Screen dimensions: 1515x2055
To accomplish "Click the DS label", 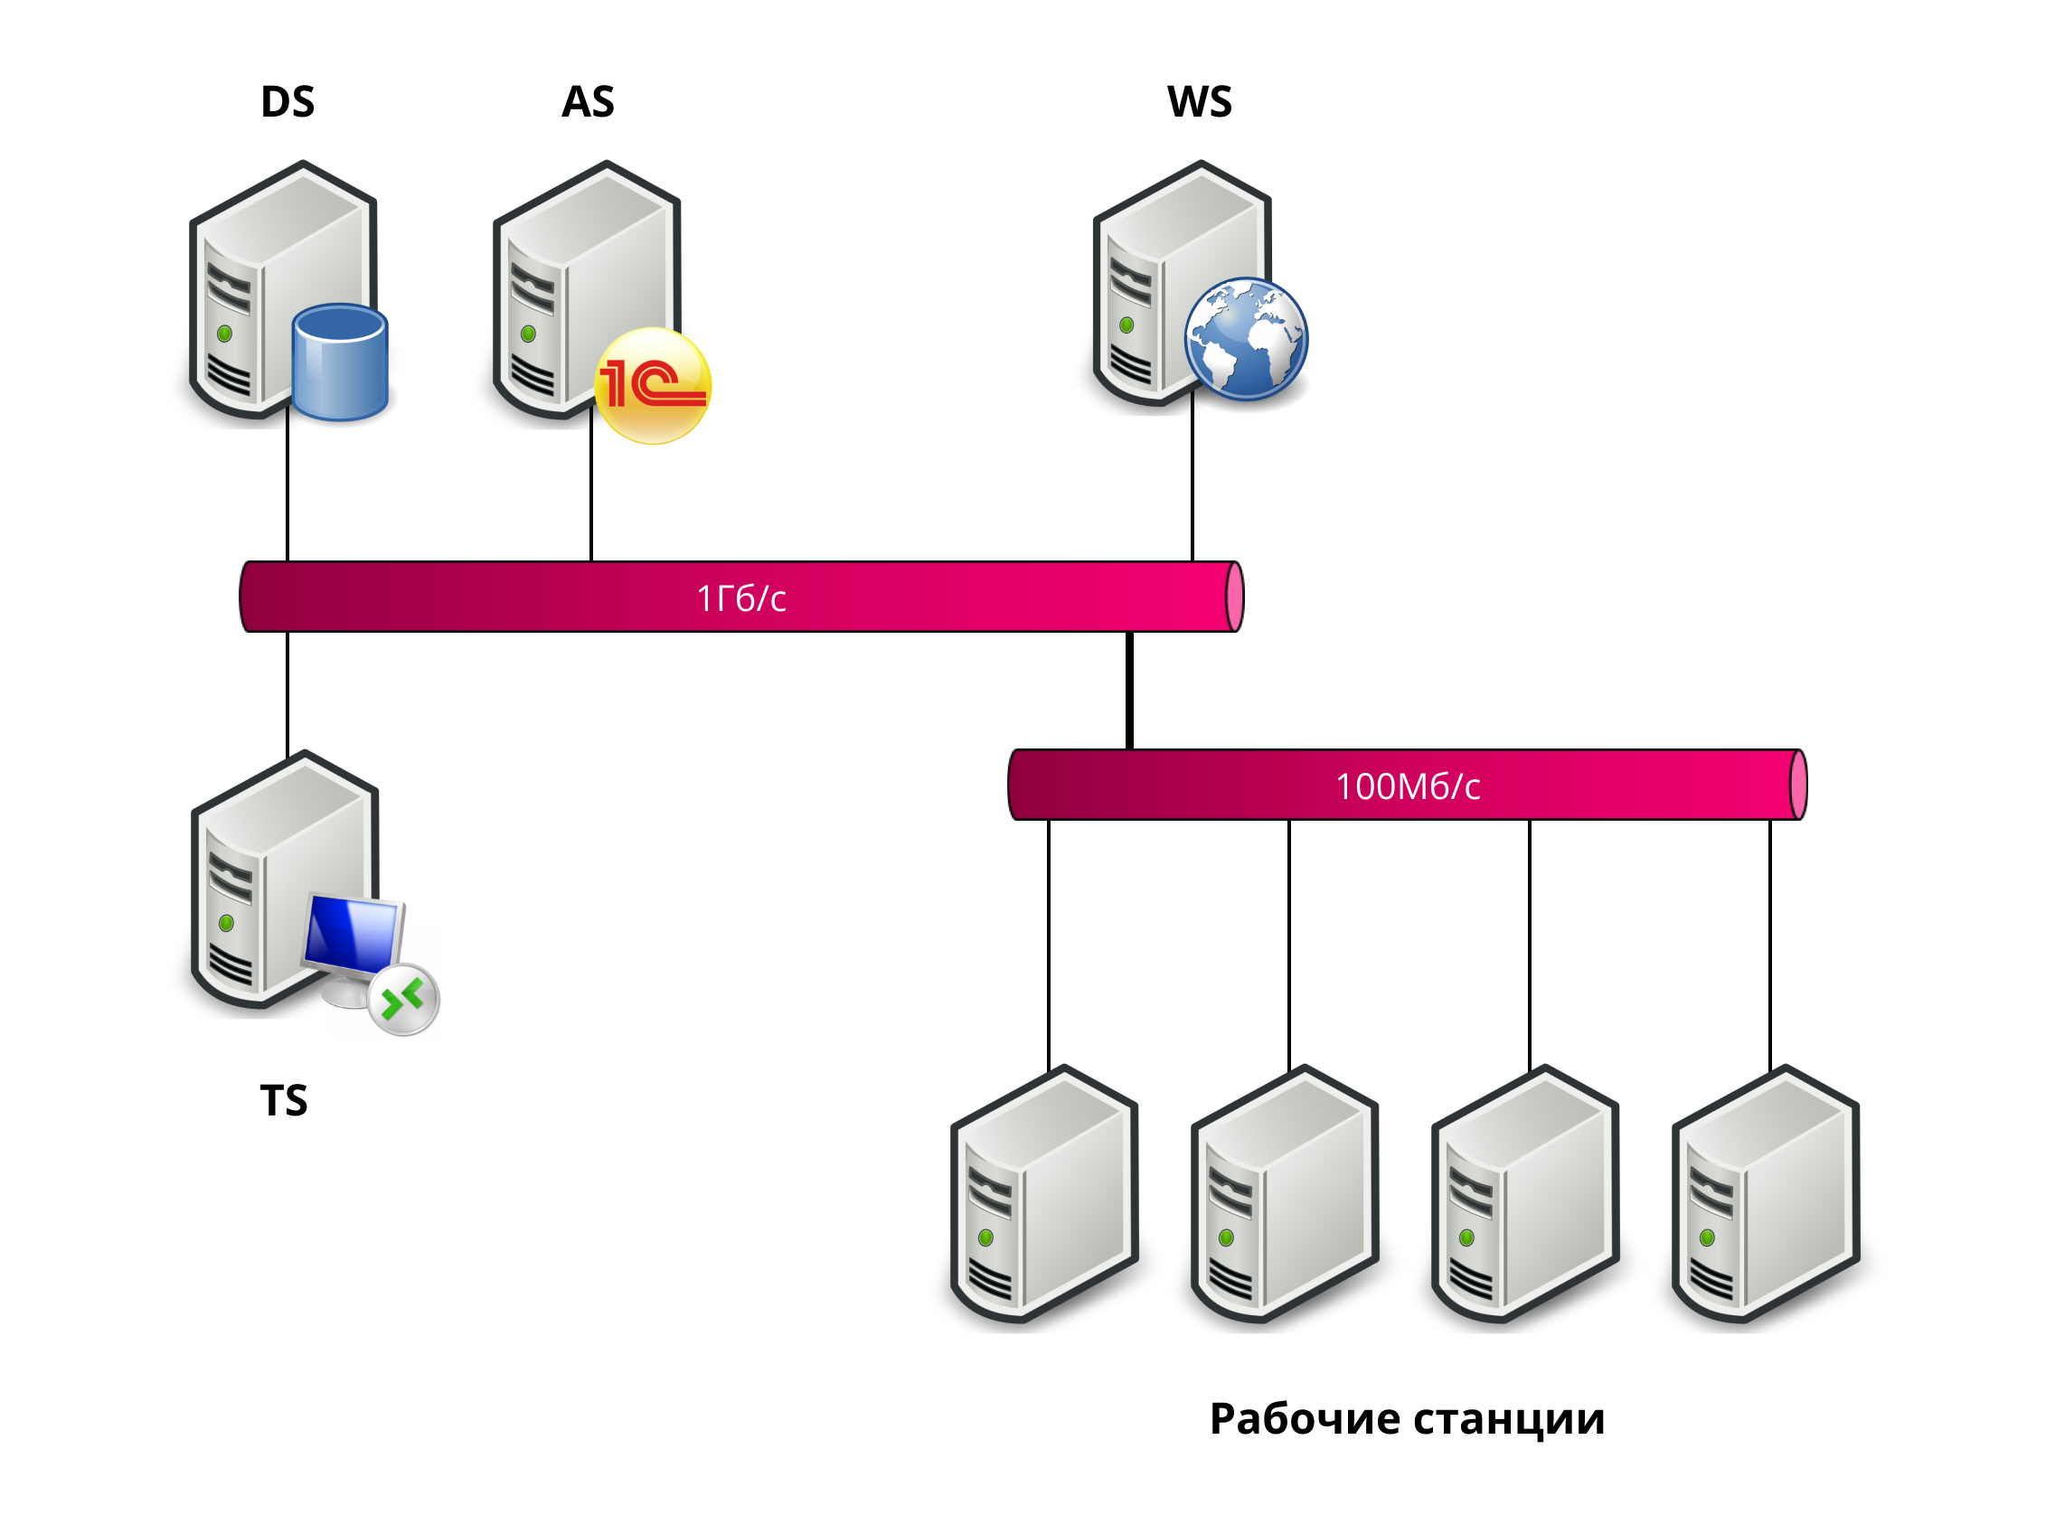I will click(x=287, y=102).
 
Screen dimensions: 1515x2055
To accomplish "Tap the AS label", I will click(x=588, y=102).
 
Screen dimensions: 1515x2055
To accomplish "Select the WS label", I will click(x=1199, y=102).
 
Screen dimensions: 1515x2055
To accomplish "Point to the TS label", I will click(x=283, y=1100).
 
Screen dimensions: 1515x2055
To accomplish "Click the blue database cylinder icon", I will click(x=340, y=363).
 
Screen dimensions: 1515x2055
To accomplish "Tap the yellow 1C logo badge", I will click(x=652, y=386).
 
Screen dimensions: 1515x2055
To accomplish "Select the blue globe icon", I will click(x=1245, y=339).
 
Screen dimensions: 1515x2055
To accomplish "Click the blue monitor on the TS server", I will click(x=353, y=936).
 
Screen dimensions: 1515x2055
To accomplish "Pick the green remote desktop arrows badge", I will click(x=403, y=1000).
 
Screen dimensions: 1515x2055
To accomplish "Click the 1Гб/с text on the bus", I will click(x=741, y=598).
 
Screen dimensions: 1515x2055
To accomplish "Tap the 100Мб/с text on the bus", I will click(x=1407, y=786).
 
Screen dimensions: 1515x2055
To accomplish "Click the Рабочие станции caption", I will click(x=1407, y=1418).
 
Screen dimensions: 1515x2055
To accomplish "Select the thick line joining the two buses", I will click(x=1129, y=691).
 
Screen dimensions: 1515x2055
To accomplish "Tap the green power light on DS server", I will click(x=224, y=334).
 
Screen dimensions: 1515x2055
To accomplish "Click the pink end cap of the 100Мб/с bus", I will click(x=1798, y=785).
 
